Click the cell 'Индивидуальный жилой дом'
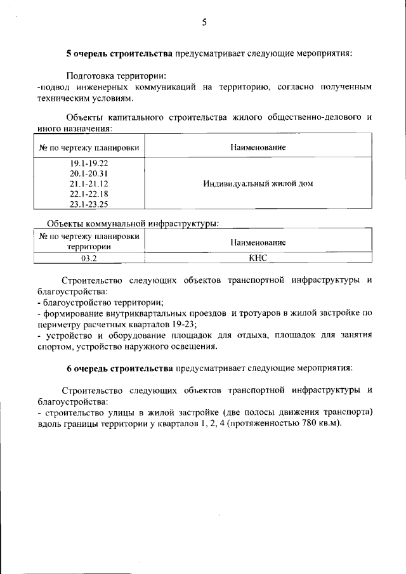pyautogui.click(x=258, y=183)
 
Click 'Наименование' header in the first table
pyautogui.click(x=258, y=147)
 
